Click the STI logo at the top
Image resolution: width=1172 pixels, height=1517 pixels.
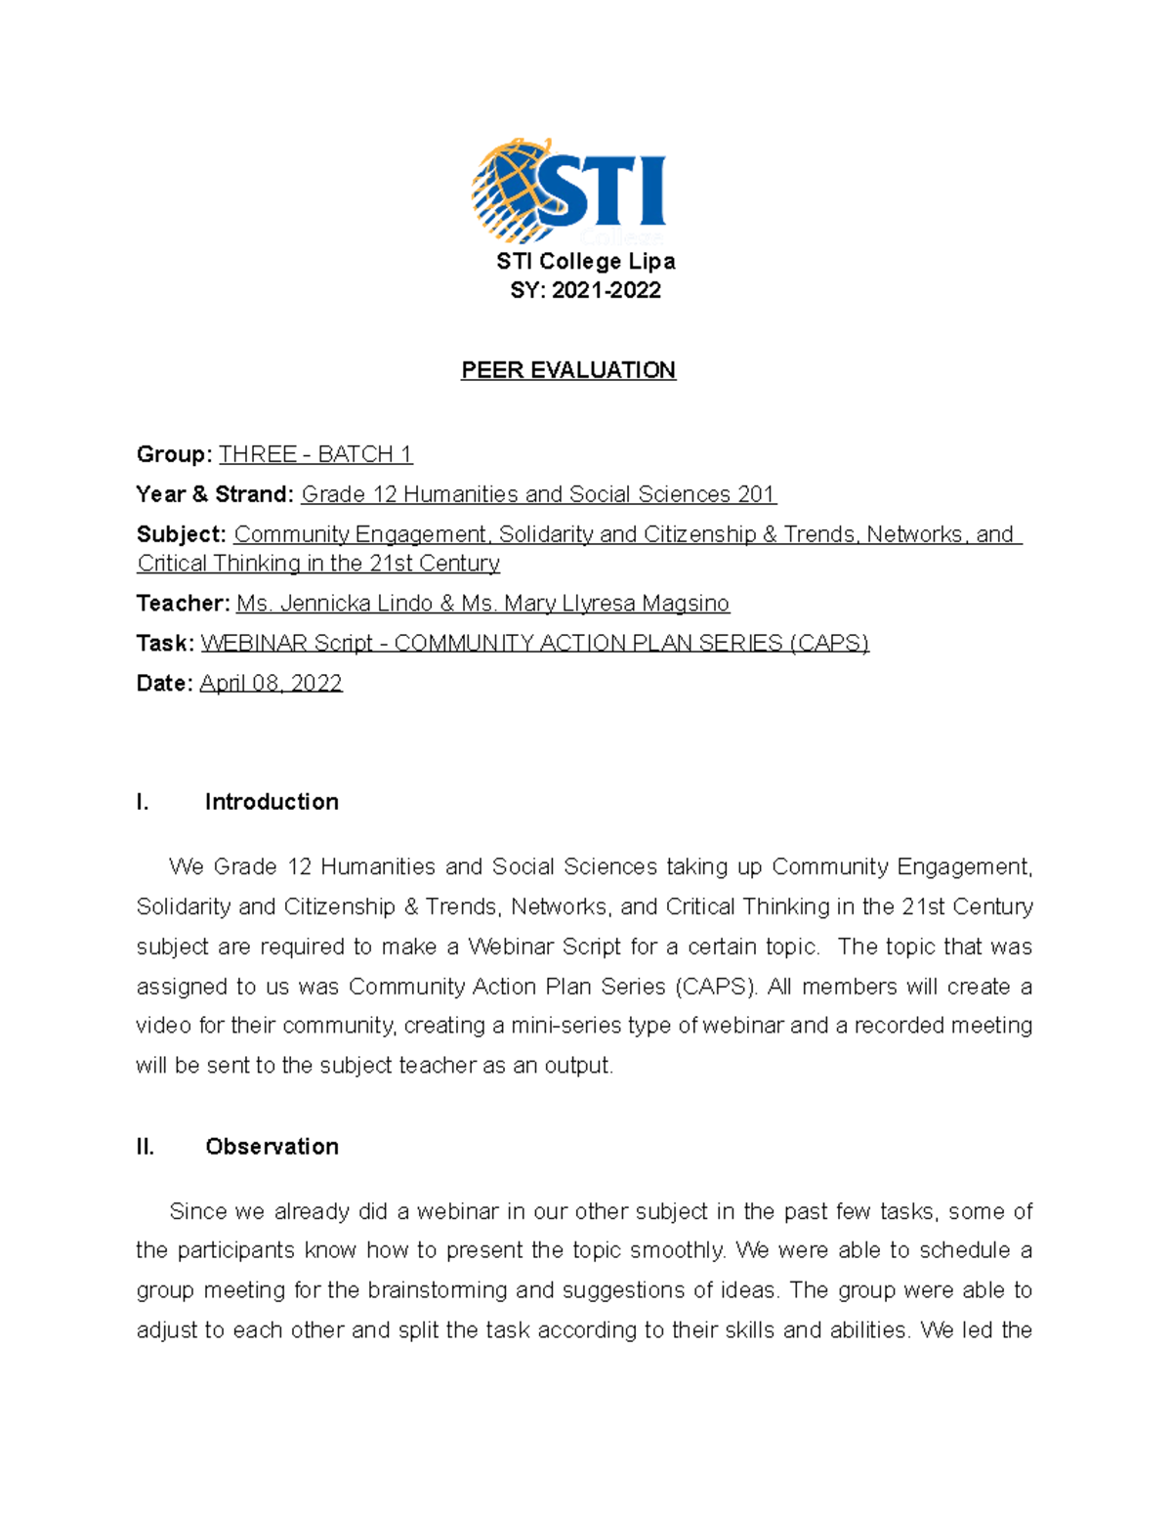568,192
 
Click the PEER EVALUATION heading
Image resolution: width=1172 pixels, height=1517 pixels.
568,370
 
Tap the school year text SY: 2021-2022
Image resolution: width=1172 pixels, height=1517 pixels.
585,290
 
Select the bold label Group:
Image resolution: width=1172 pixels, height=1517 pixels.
174,454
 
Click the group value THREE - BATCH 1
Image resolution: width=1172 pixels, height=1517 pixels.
315,454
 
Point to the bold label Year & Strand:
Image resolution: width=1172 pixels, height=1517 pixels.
215,494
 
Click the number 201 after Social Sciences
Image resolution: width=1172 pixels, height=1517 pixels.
756,494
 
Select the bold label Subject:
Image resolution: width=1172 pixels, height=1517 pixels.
182,534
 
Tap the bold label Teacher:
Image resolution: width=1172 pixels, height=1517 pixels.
184,604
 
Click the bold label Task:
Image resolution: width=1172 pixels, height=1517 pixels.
165,643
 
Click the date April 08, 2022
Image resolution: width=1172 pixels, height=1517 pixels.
271,683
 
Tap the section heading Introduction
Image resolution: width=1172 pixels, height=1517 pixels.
272,802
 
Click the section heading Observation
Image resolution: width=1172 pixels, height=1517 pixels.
272,1147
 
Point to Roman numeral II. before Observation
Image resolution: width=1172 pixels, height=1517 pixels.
146,1147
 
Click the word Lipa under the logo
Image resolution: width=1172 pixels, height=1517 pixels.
651,262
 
